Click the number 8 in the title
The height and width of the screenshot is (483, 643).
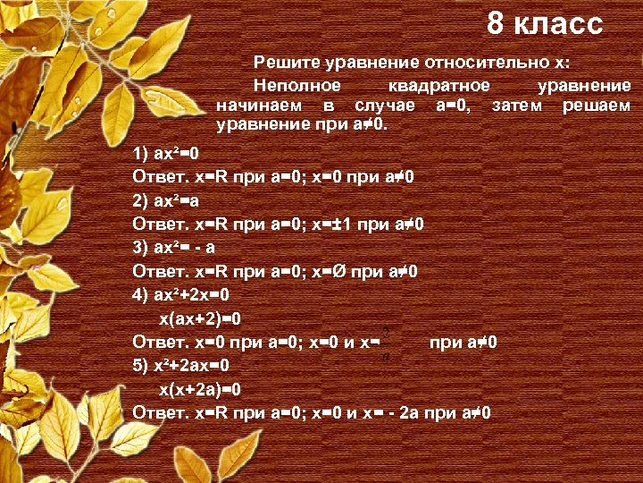tap(497, 24)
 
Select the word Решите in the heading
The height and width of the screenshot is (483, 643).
tap(285, 62)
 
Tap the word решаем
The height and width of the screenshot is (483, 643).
tap(597, 106)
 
